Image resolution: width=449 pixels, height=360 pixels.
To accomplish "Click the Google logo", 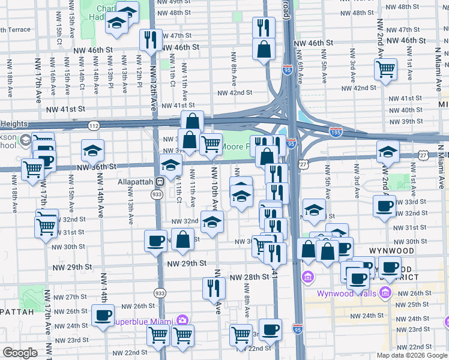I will (x=20, y=353).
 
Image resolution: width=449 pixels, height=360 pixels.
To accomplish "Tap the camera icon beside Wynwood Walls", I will (x=385, y=293).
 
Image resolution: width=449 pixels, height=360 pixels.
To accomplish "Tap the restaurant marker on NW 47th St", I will (x=149, y=40).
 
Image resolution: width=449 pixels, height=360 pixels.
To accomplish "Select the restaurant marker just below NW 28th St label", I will (x=214, y=288).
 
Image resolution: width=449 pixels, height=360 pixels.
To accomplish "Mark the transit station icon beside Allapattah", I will (x=160, y=181).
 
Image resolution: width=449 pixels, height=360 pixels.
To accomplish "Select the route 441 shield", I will (x=274, y=271).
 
